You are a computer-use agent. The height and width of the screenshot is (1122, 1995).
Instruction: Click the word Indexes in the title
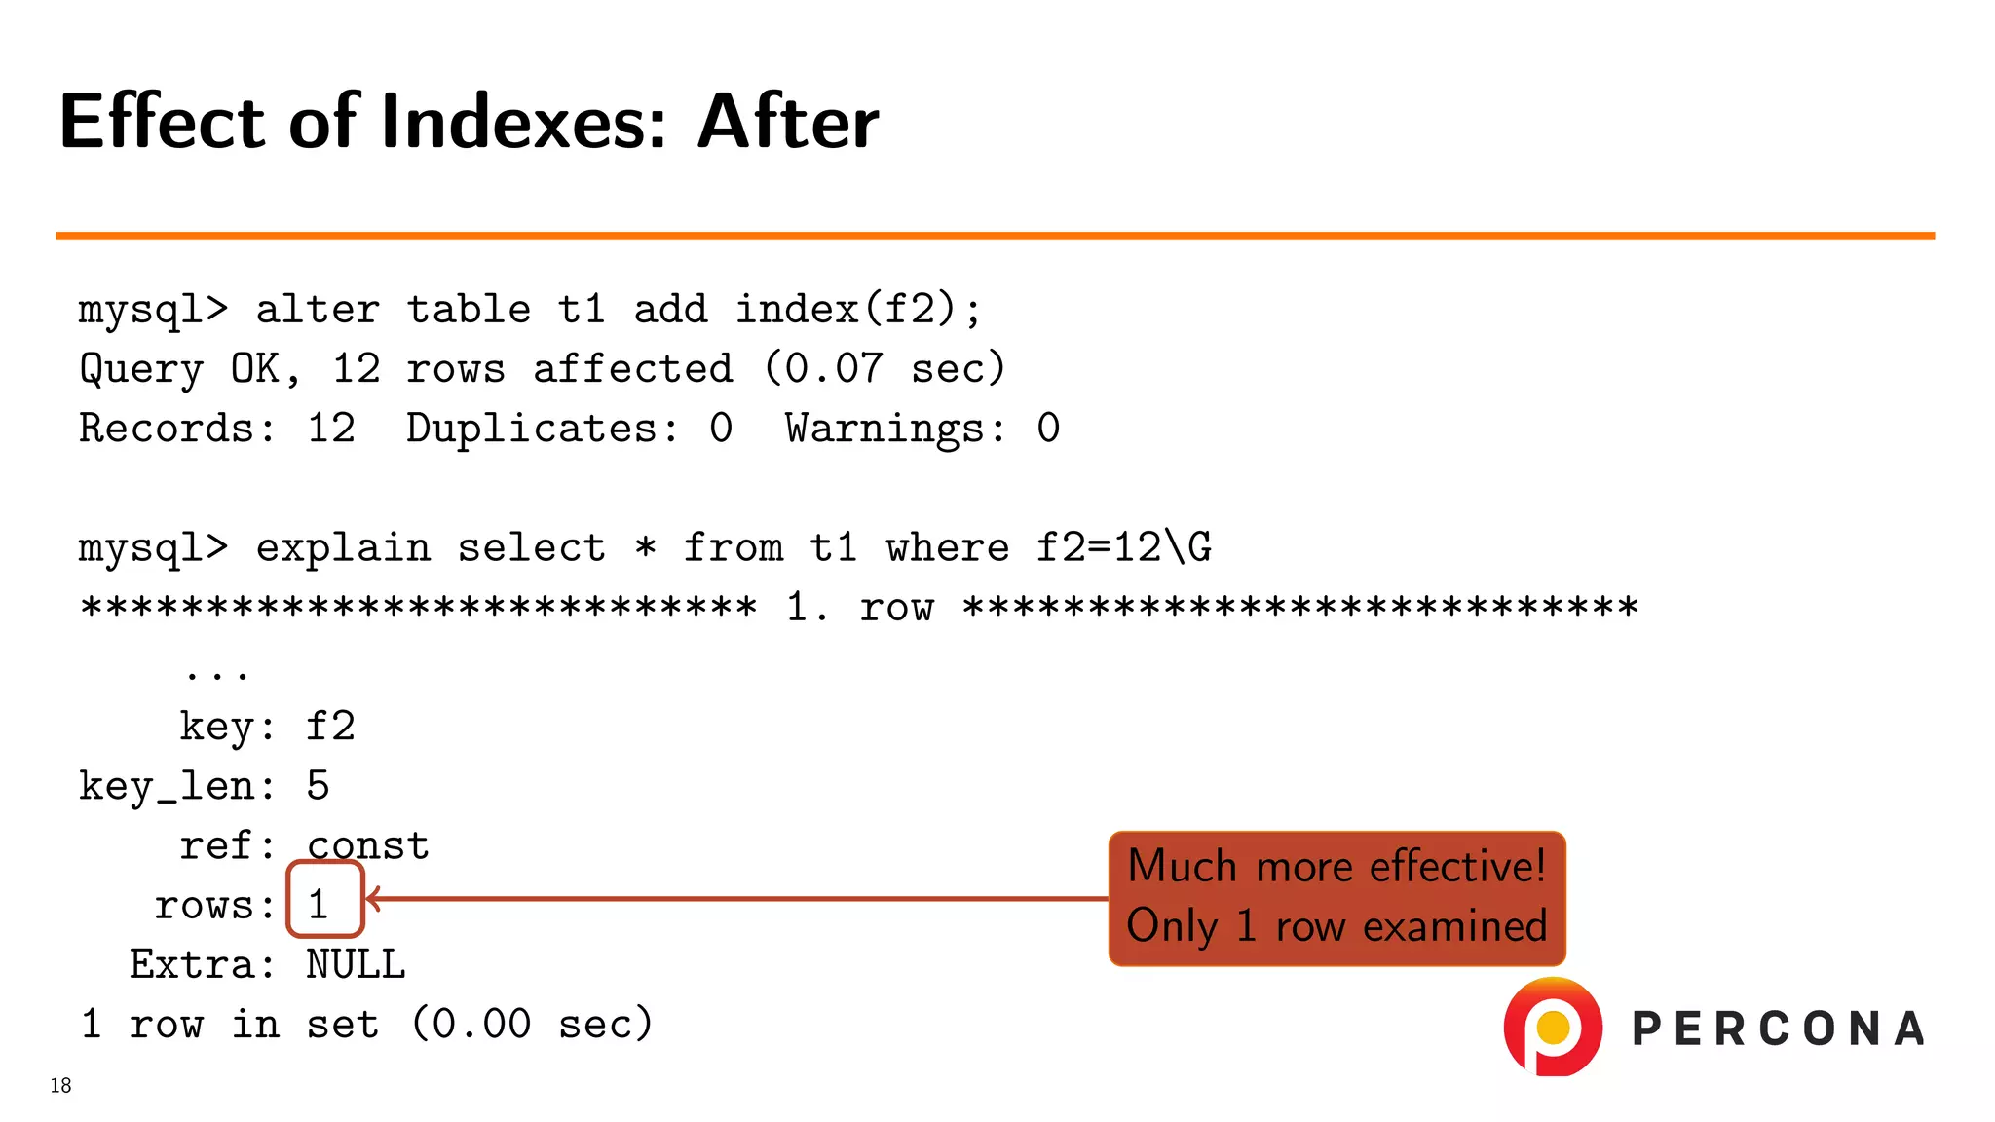(x=523, y=122)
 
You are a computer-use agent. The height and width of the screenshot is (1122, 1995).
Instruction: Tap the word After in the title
(x=787, y=122)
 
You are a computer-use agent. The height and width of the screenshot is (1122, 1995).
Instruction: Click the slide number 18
(x=60, y=1085)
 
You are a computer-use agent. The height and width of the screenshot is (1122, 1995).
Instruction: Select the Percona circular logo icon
(x=1553, y=1027)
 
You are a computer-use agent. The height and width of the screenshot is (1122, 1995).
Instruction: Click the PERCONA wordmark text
(x=1778, y=1029)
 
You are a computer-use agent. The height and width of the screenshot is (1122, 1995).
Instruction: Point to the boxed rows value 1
(x=320, y=904)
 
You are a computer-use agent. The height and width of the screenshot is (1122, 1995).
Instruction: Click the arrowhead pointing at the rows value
(x=374, y=899)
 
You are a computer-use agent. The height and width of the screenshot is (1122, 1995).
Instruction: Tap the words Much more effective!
(x=1336, y=866)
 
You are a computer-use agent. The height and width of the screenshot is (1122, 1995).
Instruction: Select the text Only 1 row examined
(x=1336, y=925)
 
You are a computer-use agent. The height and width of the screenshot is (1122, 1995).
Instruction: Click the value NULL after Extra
(x=356, y=965)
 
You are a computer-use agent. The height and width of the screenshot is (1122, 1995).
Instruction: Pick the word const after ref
(x=368, y=845)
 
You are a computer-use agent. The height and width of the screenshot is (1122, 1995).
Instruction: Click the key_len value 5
(x=319, y=786)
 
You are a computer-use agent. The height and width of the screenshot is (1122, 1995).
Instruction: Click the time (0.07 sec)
(x=884, y=369)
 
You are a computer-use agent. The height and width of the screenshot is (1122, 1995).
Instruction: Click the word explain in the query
(x=343, y=548)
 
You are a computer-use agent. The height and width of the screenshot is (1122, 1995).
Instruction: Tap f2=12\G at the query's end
(x=1123, y=548)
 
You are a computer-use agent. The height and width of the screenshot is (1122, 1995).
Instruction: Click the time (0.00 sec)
(x=531, y=1025)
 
